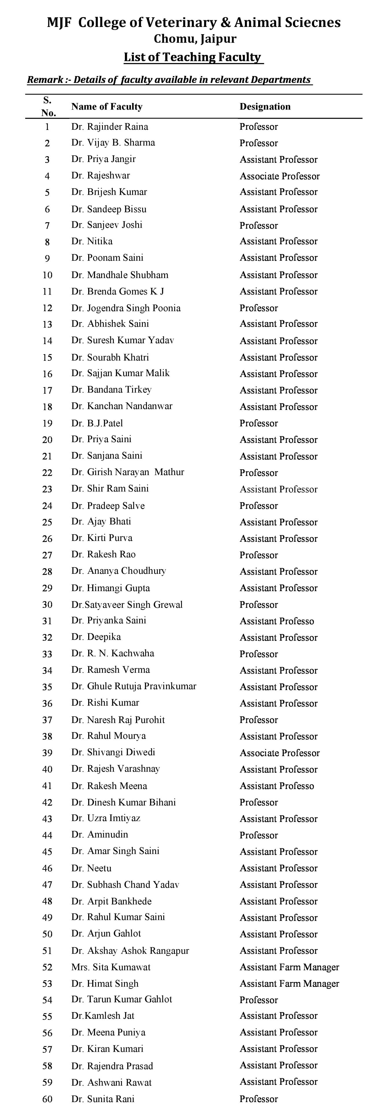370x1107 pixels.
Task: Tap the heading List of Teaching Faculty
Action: tap(193, 57)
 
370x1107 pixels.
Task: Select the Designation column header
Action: tap(265, 106)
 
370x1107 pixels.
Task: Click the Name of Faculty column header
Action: tap(107, 106)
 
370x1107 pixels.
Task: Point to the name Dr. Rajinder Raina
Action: tap(110, 127)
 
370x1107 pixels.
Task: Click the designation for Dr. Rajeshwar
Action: tap(280, 176)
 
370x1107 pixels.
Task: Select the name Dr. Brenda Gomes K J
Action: tap(118, 291)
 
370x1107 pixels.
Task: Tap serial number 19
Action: tap(47, 423)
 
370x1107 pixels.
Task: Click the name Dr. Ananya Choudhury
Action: tap(119, 571)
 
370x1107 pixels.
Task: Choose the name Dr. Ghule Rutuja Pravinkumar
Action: tap(134, 686)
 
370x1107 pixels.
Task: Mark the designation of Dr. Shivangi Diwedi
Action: tap(280, 753)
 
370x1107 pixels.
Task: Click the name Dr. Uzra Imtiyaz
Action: tap(106, 818)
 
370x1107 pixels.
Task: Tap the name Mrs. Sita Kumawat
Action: tap(111, 967)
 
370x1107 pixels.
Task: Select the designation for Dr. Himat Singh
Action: tap(289, 984)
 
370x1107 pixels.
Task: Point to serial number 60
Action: tap(47, 1099)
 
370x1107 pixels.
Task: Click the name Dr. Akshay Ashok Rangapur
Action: tap(130, 950)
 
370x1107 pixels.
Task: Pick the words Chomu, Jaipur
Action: tap(195, 39)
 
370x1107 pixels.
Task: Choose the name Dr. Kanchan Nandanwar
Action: tap(122, 406)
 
